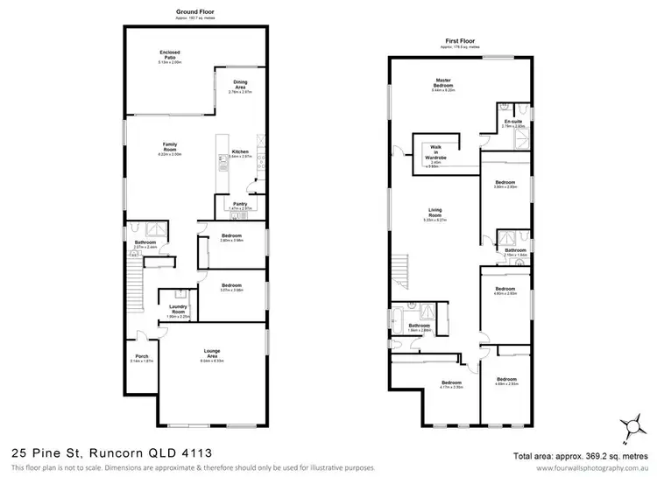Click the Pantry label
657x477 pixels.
(240, 206)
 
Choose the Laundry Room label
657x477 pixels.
(179, 311)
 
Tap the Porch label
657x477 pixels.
(141, 356)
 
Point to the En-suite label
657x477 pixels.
(512, 123)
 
